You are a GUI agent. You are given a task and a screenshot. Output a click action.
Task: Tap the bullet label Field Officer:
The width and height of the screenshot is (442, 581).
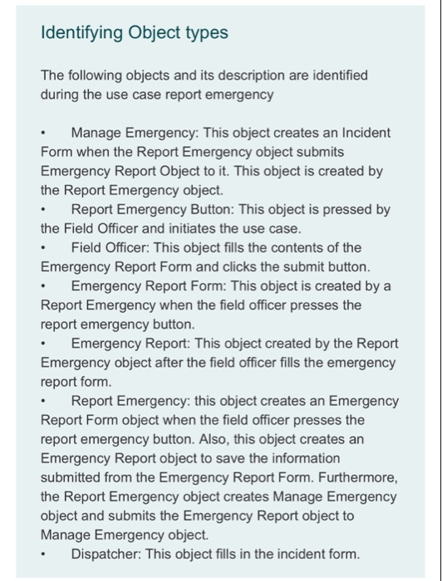(x=110, y=247)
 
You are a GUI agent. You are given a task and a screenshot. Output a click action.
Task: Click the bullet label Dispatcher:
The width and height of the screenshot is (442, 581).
(x=106, y=554)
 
